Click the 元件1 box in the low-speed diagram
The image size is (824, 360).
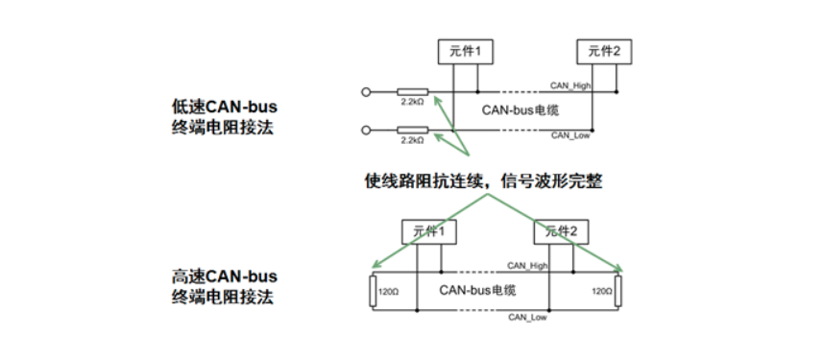(457, 50)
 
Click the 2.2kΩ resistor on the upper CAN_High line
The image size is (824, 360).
(412, 93)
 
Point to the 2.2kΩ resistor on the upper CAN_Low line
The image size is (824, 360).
(412, 130)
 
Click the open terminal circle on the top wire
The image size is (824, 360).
(365, 93)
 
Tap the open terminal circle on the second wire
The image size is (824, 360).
(365, 130)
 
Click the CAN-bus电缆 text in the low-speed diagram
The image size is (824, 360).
(520, 111)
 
